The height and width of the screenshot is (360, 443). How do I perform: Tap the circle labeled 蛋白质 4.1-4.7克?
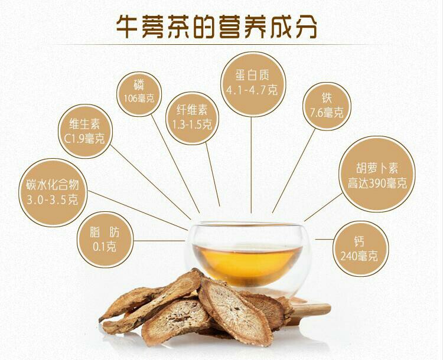pyautogui.click(x=252, y=84)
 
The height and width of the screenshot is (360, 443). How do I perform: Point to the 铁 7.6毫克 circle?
pyautogui.click(x=326, y=106)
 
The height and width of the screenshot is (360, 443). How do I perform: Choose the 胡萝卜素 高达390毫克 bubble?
pyautogui.click(x=377, y=174)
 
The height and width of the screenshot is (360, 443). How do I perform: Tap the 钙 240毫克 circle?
pyautogui.click(x=361, y=248)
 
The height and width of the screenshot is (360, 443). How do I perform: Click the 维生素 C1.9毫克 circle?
pyautogui.click(x=85, y=132)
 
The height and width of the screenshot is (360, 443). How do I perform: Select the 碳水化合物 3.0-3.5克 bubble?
pyautogui.click(x=53, y=192)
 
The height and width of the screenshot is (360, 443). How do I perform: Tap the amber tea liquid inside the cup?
pyautogui.click(x=247, y=263)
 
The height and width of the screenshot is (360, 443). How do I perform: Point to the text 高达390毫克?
pyautogui.click(x=377, y=184)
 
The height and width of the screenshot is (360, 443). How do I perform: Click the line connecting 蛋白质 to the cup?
pyautogui.click(x=251, y=165)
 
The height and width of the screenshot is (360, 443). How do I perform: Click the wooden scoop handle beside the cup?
pyautogui.click(x=310, y=310)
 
